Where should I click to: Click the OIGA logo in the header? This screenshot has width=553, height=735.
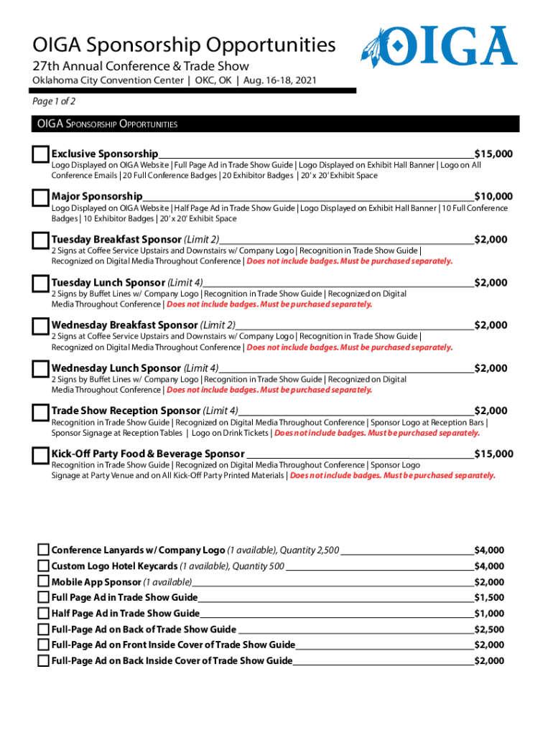(439, 47)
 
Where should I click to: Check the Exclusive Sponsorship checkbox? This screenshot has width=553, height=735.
(40, 155)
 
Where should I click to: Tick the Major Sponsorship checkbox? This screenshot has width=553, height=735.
(40, 197)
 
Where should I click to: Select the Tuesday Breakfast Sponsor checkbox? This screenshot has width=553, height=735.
(40, 240)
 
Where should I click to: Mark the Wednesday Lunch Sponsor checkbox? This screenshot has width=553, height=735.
(40, 370)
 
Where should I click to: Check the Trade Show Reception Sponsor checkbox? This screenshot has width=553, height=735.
(40, 413)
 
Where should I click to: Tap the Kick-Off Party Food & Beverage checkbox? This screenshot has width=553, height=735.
(40, 456)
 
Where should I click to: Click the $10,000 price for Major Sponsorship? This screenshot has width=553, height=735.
(493, 197)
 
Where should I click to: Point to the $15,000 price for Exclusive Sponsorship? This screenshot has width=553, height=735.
(493, 154)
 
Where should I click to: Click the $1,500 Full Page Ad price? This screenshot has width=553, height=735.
(488, 598)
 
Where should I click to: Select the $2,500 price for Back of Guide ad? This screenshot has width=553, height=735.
(488, 629)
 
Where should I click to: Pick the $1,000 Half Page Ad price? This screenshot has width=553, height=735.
(488, 614)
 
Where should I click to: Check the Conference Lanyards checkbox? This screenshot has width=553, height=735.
(43, 551)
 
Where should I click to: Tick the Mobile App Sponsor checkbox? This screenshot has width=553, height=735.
(43, 582)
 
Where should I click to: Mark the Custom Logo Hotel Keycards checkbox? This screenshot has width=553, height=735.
(43, 566)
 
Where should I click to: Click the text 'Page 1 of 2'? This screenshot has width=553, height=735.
(54, 102)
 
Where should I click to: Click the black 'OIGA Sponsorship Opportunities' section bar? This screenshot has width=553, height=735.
(276, 124)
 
